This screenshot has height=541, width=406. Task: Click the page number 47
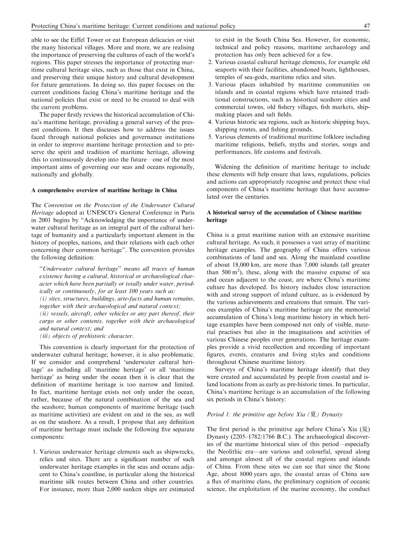(366, 26)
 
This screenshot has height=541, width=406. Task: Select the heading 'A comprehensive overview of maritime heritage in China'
(104, 190)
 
